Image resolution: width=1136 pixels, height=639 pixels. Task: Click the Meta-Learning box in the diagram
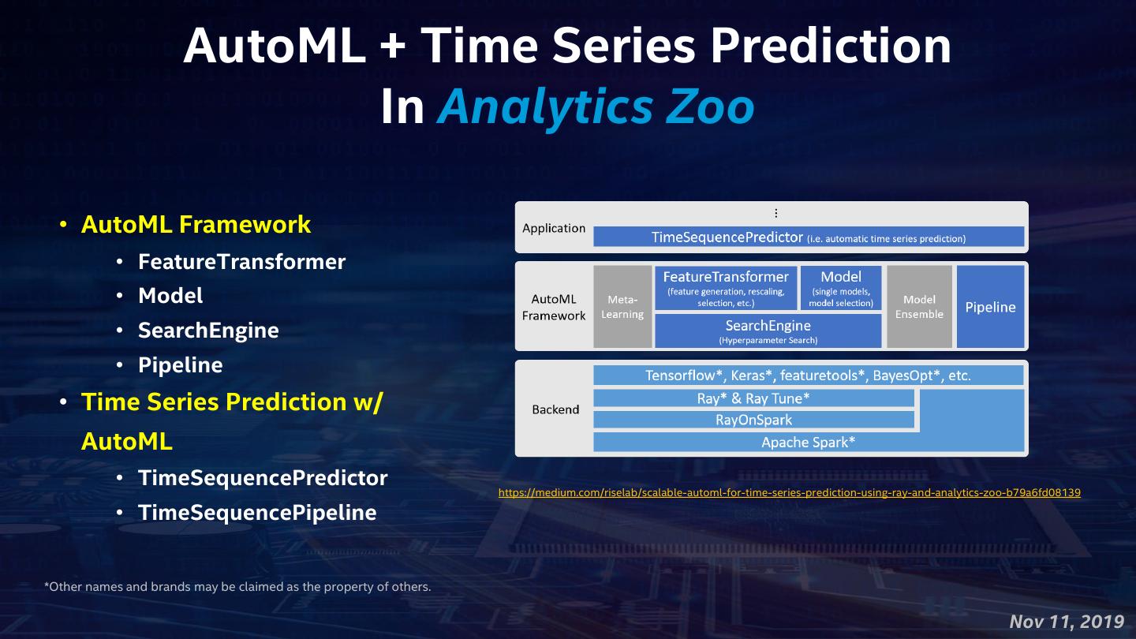(622, 307)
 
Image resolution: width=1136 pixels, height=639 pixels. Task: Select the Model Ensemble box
(919, 307)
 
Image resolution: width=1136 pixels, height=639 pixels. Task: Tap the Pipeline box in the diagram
(990, 307)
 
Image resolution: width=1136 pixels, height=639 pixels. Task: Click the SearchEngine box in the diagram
(768, 331)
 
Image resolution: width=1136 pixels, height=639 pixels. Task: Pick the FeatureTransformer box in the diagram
(726, 287)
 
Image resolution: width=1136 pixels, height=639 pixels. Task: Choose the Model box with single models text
(841, 287)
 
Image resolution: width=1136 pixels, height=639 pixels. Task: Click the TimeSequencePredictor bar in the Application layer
(809, 237)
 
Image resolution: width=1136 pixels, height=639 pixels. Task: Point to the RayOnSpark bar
(753, 420)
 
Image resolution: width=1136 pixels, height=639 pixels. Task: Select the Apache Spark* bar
(809, 443)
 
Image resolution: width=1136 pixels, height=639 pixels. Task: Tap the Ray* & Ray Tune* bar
(753, 398)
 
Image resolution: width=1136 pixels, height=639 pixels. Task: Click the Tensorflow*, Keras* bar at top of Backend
(809, 376)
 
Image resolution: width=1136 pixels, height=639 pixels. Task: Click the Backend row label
(555, 409)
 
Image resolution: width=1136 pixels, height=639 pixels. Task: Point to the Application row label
(554, 228)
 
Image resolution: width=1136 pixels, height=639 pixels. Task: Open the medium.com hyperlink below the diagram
(789, 492)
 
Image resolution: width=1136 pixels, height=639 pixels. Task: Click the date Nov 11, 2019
(1067, 622)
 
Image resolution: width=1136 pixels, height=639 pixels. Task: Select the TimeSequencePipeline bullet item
(257, 512)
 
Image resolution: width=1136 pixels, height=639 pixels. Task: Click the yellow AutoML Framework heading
(196, 224)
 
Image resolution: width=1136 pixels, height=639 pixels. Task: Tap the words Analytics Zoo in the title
(596, 106)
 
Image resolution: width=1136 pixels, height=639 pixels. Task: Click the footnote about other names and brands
(237, 587)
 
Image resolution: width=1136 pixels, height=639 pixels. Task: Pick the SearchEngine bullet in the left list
(208, 330)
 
